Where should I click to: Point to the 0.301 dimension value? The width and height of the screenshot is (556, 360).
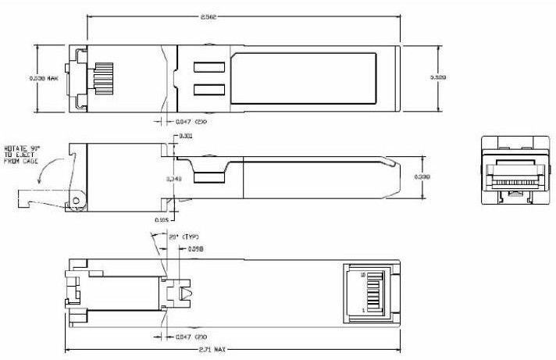click(x=187, y=137)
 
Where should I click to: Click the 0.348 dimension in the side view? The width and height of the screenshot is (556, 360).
click(x=175, y=180)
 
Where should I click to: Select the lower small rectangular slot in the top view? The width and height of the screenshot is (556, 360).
click(x=208, y=90)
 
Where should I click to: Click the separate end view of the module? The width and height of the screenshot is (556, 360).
click(x=513, y=171)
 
